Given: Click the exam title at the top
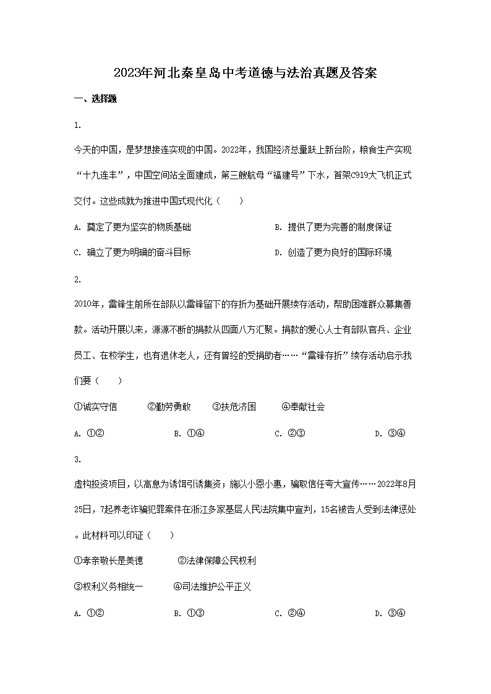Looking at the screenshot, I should pyautogui.click(x=246, y=74).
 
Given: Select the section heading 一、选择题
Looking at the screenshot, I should pyautogui.click(x=95, y=99).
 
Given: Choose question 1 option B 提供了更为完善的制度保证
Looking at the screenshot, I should pyautogui.click(x=333, y=227).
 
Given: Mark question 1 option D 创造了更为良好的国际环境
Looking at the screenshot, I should pyautogui.click(x=333, y=252).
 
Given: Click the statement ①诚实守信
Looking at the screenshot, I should pyautogui.click(x=95, y=407).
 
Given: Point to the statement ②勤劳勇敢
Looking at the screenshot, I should pyautogui.click(x=169, y=407).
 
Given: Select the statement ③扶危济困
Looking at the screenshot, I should pyautogui.click(x=234, y=407).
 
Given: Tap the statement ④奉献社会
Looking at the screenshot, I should pyautogui.click(x=303, y=407).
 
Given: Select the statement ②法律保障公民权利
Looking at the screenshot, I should pyautogui.click(x=216, y=561).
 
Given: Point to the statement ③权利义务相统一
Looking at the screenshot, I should pyautogui.click(x=108, y=586).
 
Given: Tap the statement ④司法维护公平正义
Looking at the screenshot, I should pyautogui.click(x=212, y=586).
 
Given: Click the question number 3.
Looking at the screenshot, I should pyautogui.click(x=77, y=459).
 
